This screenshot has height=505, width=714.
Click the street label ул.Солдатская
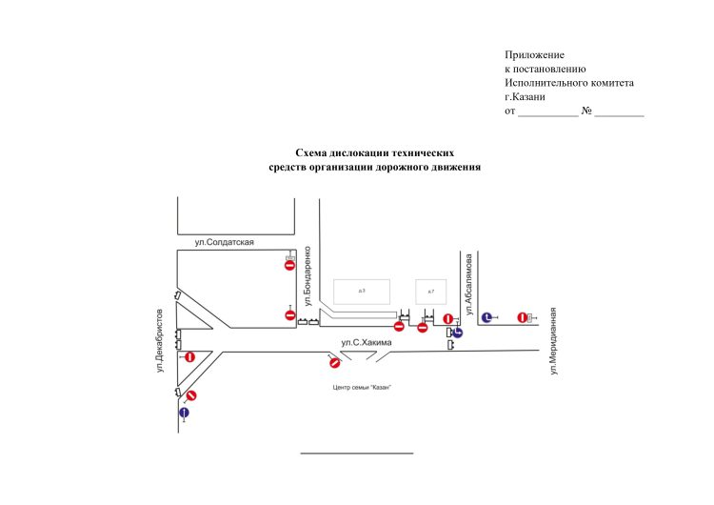[224, 243]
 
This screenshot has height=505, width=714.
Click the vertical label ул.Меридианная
[551, 343]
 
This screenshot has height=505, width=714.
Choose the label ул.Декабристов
[160, 340]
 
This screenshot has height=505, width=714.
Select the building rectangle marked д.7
[430, 291]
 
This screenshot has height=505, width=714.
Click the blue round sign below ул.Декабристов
[185, 413]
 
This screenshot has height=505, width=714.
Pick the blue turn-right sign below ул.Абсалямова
[458, 332]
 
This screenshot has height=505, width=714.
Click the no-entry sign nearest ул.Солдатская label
[289, 265]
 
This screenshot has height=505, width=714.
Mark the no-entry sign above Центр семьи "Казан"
[334, 361]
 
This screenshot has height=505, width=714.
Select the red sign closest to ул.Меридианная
[522, 317]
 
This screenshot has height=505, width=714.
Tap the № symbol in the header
[587, 111]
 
